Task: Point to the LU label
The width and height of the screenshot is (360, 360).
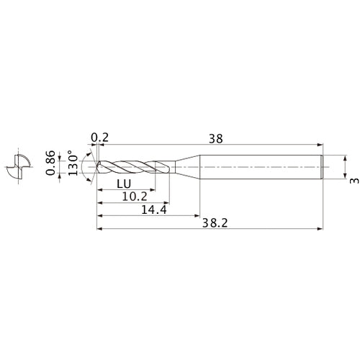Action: [x=122, y=184]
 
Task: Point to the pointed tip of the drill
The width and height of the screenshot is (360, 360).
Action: [x=96, y=167]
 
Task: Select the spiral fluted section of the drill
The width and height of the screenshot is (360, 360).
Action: [x=133, y=167]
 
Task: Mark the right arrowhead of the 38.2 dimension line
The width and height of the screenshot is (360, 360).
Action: [x=320, y=230]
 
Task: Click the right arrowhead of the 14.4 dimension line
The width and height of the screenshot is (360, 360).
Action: [x=197, y=215]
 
